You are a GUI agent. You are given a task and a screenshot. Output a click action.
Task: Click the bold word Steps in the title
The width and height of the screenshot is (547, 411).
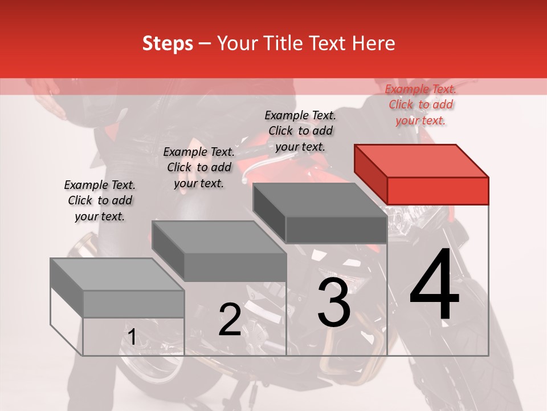click(x=168, y=44)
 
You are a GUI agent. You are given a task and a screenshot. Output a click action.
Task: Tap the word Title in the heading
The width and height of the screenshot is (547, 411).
click(x=283, y=43)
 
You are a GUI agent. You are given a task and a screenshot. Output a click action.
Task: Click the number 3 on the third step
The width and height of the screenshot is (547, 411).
click(x=334, y=302)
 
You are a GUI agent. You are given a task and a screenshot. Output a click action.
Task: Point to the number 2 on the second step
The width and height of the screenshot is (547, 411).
click(x=230, y=319)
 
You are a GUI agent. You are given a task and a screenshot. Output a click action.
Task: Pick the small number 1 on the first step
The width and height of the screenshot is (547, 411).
click(x=132, y=337)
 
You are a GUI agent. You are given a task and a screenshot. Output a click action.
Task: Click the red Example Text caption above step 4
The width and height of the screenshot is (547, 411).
click(x=421, y=104)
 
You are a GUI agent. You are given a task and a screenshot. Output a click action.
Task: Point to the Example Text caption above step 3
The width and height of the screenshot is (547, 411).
click(x=300, y=131)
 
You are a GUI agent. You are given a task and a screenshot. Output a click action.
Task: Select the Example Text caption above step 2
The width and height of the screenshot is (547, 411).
click(x=199, y=167)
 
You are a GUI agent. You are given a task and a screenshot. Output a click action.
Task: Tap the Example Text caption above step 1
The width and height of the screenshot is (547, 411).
click(x=100, y=200)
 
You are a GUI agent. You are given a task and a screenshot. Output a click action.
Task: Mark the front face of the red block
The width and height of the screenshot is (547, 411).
click(x=438, y=191)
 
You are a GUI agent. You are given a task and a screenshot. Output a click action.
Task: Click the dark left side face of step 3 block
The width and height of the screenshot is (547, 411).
click(x=270, y=212)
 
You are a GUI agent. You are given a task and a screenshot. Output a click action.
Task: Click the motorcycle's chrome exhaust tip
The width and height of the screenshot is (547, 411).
click(x=84, y=245)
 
